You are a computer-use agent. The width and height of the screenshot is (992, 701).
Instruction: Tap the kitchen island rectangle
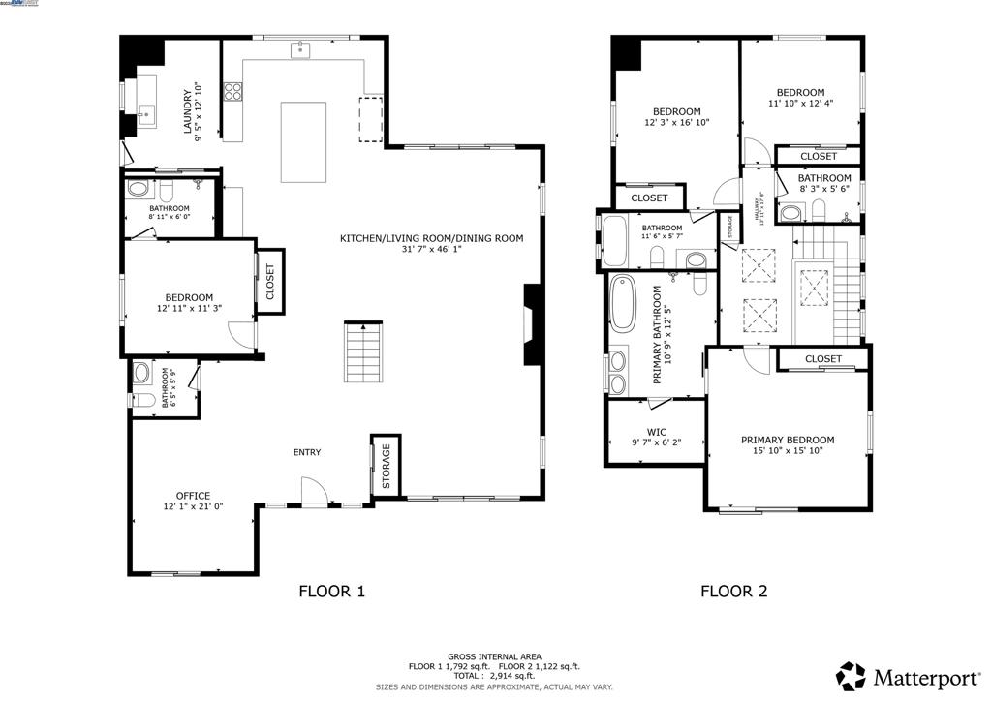(x=303, y=141)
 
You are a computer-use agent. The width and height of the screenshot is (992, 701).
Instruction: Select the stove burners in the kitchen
(x=233, y=92)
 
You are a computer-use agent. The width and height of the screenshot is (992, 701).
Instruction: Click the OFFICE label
(x=193, y=496)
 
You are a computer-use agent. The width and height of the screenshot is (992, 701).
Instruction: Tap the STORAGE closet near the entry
(x=386, y=467)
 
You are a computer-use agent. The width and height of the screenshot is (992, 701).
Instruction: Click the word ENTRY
(x=307, y=452)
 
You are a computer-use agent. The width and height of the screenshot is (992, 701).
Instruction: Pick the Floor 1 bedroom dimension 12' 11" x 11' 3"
(x=189, y=309)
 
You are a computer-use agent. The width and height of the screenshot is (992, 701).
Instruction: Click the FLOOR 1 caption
(x=331, y=591)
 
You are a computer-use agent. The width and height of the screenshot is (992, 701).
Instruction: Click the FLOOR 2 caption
(x=733, y=591)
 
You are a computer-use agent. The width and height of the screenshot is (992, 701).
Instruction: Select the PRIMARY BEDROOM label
(x=788, y=440)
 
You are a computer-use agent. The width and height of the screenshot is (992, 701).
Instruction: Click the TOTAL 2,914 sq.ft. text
(x=494, y=676)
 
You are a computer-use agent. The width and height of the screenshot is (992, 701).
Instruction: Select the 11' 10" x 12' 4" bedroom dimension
(x=800, y=104)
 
